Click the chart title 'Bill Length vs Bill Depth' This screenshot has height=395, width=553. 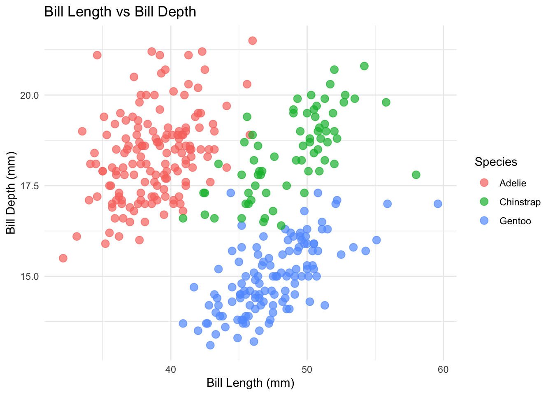[x=120, y=12]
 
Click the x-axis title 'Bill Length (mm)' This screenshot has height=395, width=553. [x=250, y=383]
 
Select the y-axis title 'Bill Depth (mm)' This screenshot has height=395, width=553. [x=11, y=193]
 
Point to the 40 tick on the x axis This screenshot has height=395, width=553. [x=170, y=369]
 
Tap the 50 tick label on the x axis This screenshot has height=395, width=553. [x=307, y=369]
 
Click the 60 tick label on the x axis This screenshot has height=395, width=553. [x=443, y=369]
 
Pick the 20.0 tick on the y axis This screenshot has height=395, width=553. [x=29, y=95]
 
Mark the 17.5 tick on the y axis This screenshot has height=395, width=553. [x=29, y=186]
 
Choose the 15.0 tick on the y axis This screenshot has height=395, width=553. [x=29, y=276]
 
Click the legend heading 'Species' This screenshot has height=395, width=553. [x=496, y=162]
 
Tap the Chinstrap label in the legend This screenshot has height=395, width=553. [x=520, y=202]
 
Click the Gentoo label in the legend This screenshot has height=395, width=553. [x=515, y=221]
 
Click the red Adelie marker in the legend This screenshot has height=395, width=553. [x=484, y=183]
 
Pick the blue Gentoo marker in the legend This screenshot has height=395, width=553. [x=484, y=221]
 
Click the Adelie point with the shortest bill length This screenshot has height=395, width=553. [x=63, y=258]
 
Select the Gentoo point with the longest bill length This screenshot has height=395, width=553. [x=438, y=204]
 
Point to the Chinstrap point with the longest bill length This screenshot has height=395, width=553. [x=416, y=175]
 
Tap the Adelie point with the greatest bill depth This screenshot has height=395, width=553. [x=252, y=41]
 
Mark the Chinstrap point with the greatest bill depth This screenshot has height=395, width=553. [x=364, y=66]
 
